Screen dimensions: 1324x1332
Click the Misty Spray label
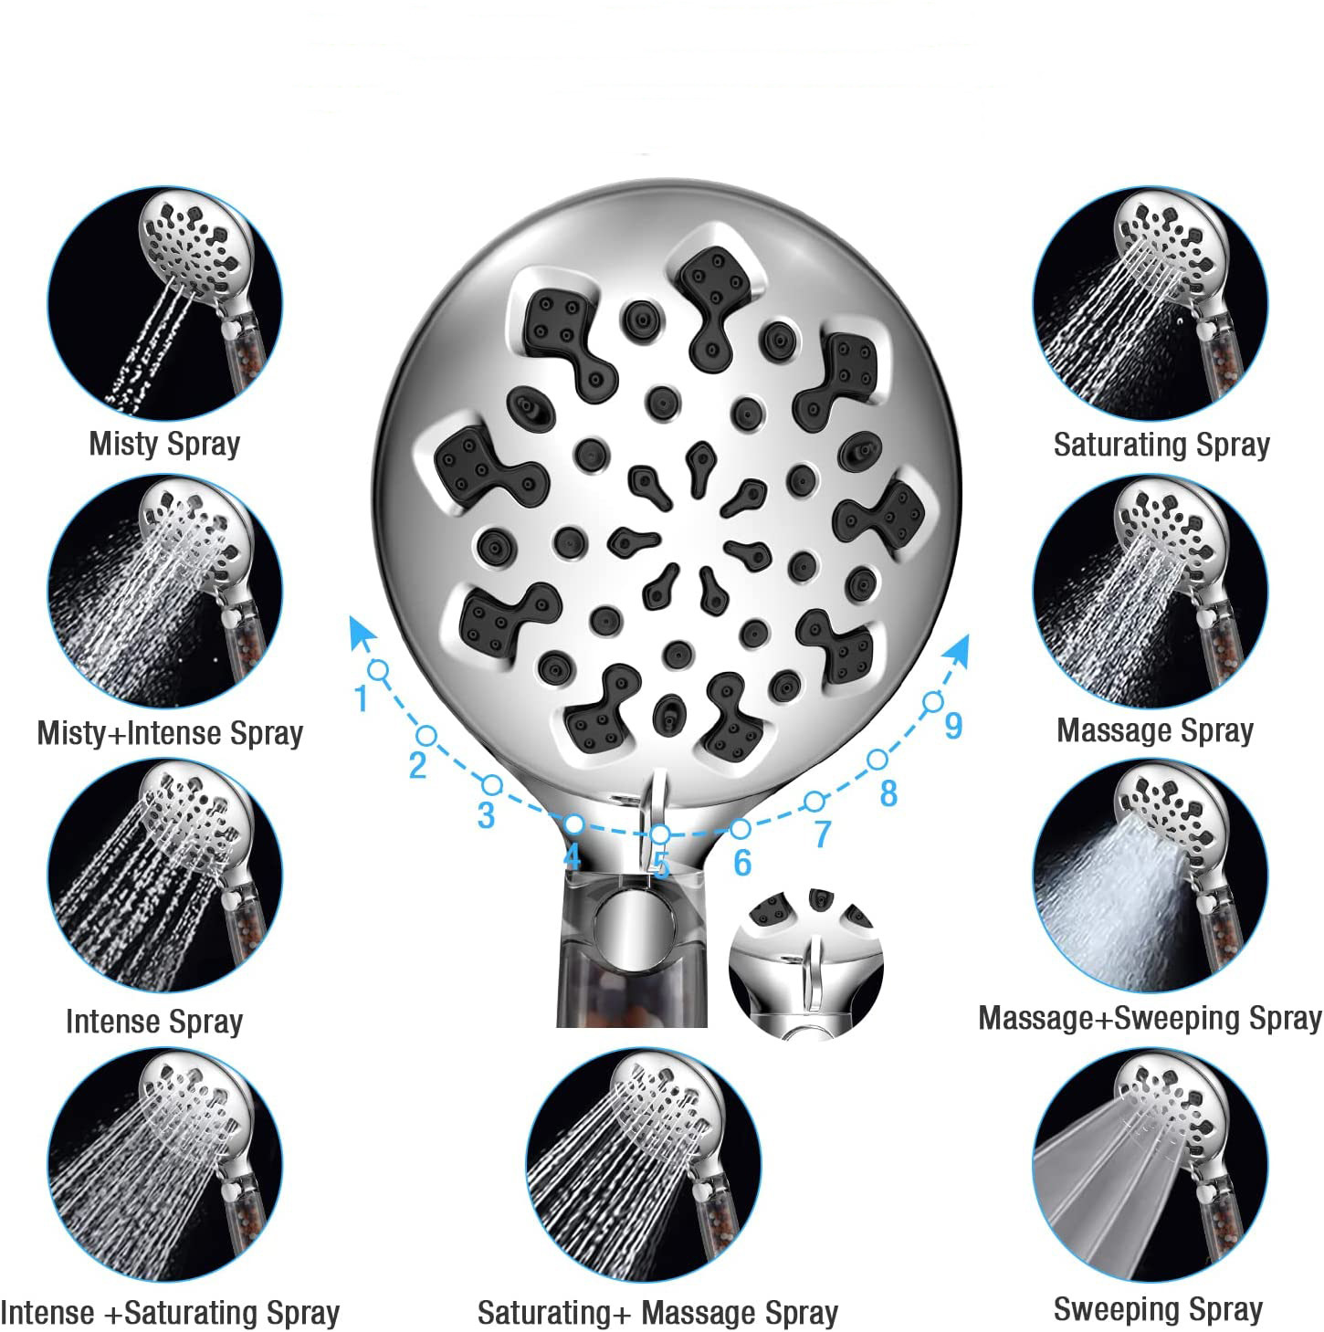[164, 444]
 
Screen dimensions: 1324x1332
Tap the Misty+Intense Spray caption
[170, 733]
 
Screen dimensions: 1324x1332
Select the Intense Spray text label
[154, 1021]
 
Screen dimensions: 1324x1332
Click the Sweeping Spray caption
[1158, 1308]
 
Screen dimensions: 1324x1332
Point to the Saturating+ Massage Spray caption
[657, 1312]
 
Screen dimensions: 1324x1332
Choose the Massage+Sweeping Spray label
[1150, 1018]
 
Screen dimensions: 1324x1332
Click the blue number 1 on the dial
[362, 698]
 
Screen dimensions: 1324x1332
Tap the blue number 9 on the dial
[953, 725]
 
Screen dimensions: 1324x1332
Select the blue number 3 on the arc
[486, 815]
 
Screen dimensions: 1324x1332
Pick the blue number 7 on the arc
[822, 834]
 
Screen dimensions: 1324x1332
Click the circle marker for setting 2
[426, 735]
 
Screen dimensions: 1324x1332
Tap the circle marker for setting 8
[877, 759]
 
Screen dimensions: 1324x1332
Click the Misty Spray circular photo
[165, 303]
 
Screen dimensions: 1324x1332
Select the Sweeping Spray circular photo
[1151, 1164]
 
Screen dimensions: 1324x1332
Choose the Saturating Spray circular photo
[1151, 303]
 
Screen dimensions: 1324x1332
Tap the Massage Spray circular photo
[1151, 591]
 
